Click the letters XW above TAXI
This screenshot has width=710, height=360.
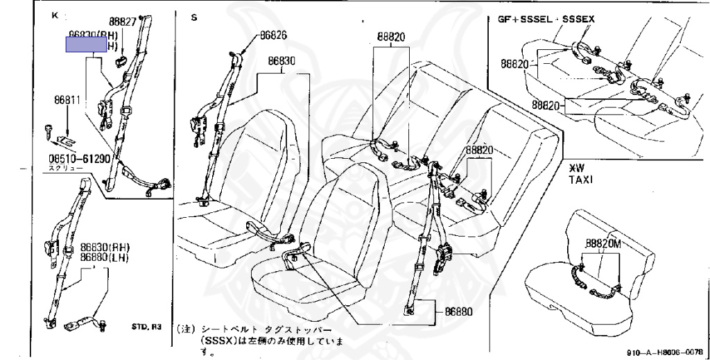(576, 168)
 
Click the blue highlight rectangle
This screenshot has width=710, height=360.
(86, 45)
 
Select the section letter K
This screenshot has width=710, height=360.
(55, 15)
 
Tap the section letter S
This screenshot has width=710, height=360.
(193, 17)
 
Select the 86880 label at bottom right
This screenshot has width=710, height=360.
(455, 311)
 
